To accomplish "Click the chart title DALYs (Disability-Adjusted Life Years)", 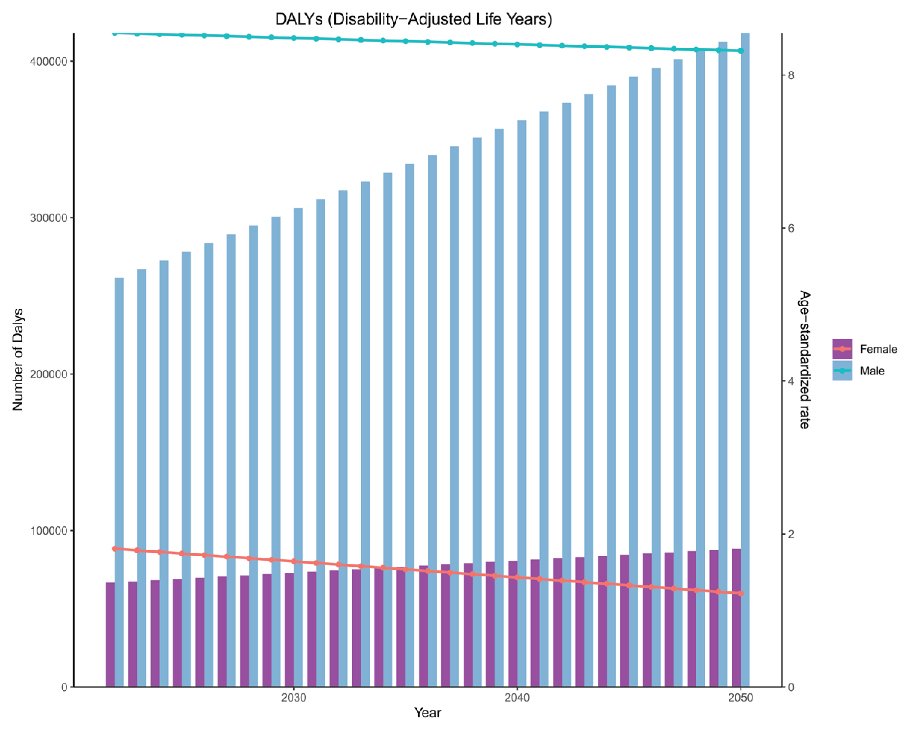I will point(413,19).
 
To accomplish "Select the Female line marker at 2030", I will point(294,561).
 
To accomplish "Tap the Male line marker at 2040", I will point(517,44).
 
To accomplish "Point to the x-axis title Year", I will point(428,712).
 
